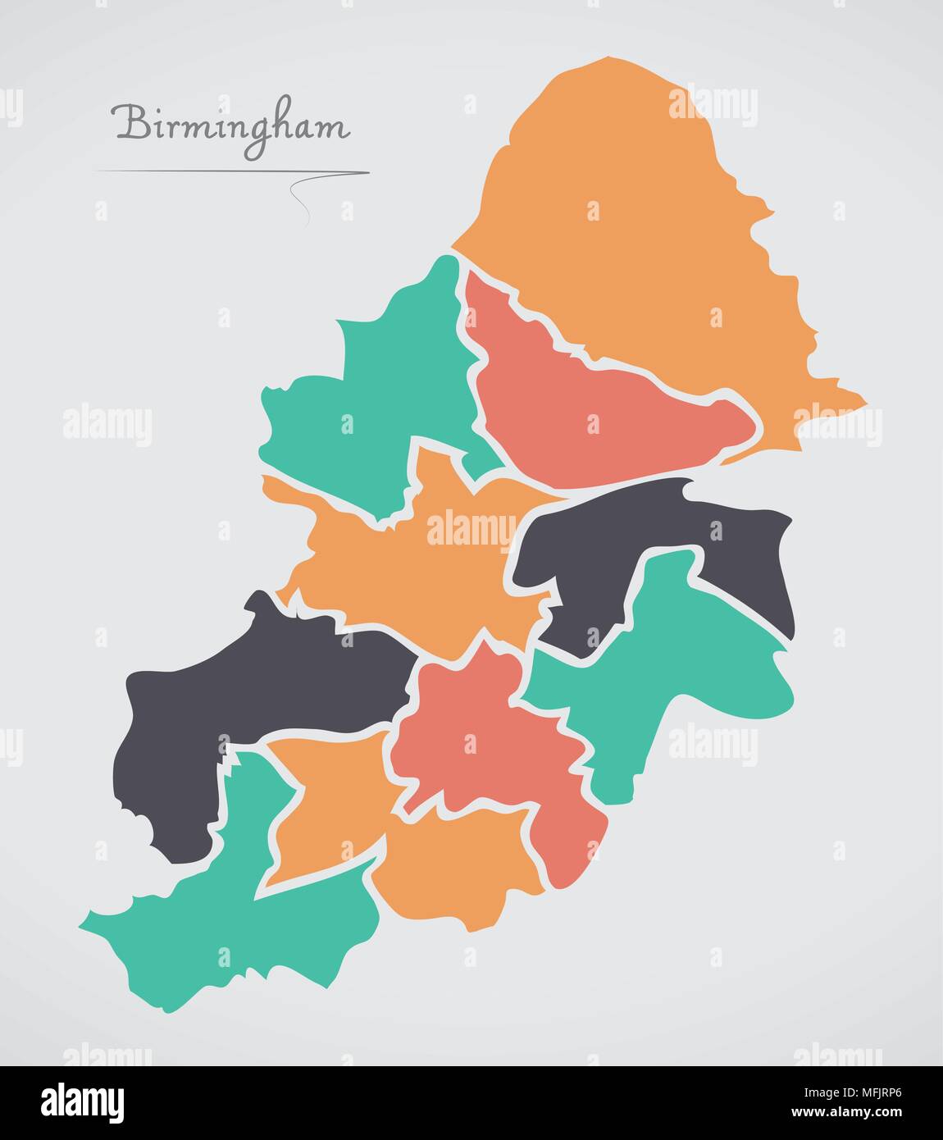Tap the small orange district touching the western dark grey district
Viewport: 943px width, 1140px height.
tap(328, 804)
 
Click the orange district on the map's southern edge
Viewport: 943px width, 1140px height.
tap(459, 869)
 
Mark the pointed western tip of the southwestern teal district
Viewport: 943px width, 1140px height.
tap(83, 926)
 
